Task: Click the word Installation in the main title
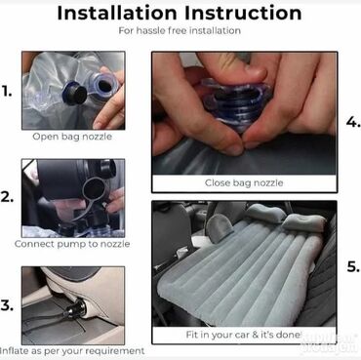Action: click(117, 14)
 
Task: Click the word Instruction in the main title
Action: click(243, 14)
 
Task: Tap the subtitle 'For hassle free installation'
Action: click(180, 31)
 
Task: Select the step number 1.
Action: click(7, 92)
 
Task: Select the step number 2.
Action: click(7, 197)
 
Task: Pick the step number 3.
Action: click(7, 305)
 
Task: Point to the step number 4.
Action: click(353, 122)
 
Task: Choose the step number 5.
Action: click(353, 266)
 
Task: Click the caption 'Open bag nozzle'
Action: click(72, 137)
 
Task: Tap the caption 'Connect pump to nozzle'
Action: click(72, 244)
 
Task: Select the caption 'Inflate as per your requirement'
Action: click(72, 351)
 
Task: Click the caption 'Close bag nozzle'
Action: click(244, 183)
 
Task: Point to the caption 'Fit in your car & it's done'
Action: click(243, 335)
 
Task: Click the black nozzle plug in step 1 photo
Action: click(75, 92)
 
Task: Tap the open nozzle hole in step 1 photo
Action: click(104, 86)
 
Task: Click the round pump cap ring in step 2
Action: click(95, 189)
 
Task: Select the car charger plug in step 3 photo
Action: click(77, 309)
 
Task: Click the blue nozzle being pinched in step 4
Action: click(237, 104)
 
